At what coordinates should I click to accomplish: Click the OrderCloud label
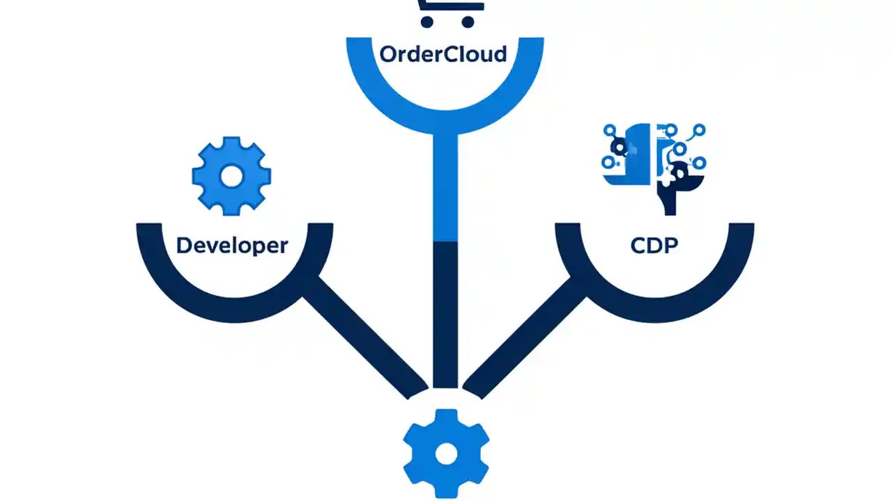(x=443, y=54)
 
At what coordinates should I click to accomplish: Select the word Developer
(x=231, y=246)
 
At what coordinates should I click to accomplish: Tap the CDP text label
(x=654, y=246)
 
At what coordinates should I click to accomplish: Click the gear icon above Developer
(x=231, y=177)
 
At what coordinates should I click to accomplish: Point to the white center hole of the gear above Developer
(x=231, y=177)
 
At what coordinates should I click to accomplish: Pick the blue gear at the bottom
(x=446, y=454)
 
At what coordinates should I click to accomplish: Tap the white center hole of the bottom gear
(x=446, y=454)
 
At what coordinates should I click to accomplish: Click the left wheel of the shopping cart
(x=427, y=22)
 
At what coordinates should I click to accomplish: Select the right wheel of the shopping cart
(x=468, y=22)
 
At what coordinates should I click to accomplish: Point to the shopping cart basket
(x=449, y=5)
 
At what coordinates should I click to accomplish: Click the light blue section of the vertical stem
(x=445, y=188)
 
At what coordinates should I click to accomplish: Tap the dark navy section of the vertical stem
(x=445, y=313)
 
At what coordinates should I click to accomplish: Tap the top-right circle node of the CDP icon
(x=699, y=129)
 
